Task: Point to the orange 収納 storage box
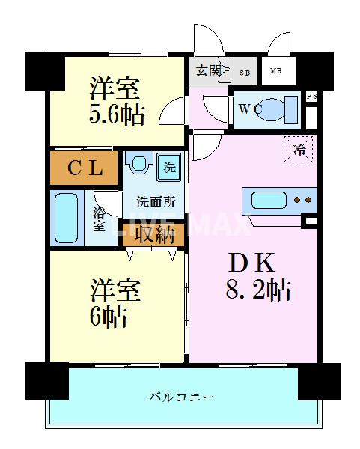(x=153, y=235)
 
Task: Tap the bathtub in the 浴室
(x=68, y=217)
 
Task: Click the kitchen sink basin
(x=269, y=201)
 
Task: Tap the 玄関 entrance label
(x=208, y=71)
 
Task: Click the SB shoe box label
(x=244, y=73)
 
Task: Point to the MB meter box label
(x=275, y=72)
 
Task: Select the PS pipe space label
(x=311, y=97)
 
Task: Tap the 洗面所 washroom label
(x=155, y=202)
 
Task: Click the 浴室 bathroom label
(x=100, y=219)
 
